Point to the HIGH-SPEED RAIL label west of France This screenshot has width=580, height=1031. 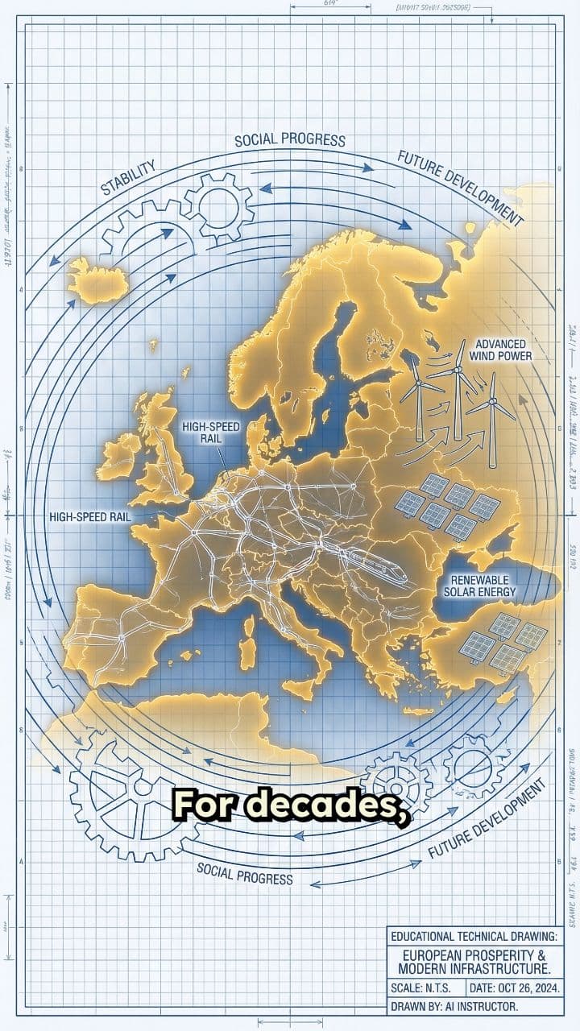[x=90, y=515]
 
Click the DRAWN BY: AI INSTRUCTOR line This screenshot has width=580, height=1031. [x=454, y=1006]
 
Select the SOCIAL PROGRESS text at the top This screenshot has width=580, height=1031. [x=290, y=139]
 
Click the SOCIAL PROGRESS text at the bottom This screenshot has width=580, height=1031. [x=245, y=872]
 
